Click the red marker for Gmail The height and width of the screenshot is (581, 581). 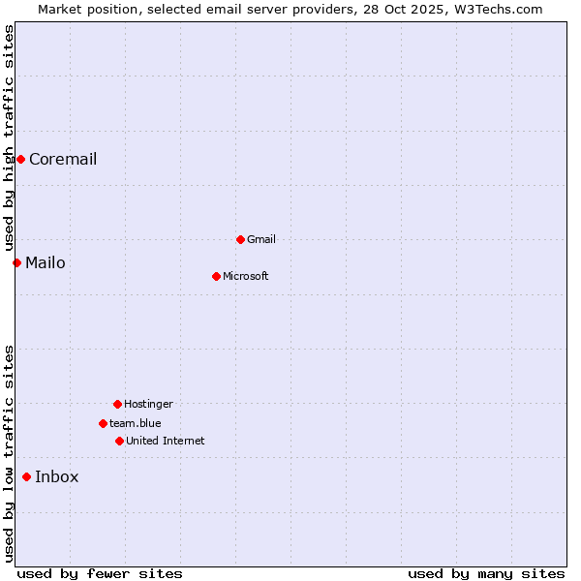click(x=240, y=239)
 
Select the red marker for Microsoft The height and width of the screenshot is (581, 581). click(x=216, y=276)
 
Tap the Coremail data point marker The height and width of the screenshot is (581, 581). click(x=20, y=159)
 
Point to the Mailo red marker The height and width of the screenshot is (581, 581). click(x=16, y=262)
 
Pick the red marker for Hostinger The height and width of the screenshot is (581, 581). click(x=117, y=404)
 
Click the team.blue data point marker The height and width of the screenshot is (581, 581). click(x=103, y=423)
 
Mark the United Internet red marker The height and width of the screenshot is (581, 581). click(x=119, y=441)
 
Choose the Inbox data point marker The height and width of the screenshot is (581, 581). click(x=26, y=476)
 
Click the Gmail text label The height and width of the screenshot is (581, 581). click(x=261, y=239)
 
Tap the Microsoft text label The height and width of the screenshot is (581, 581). click(x=246, y=276)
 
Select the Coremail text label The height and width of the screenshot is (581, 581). click(x=63, y=159)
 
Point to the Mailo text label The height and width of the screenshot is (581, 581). click(x=46, y=262)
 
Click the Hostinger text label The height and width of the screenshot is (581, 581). click(x=148, y=404)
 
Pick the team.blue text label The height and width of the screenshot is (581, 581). click(x=136, y=423)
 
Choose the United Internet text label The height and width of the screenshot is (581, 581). click(x=166, y=441)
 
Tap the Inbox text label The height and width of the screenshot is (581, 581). click(x=57, y=476)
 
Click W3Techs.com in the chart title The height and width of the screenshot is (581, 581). click(x=499, y=9)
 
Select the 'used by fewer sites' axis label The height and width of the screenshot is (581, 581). click(x=100, y=573)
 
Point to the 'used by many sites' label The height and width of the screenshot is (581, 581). click(x=486, y=573)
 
